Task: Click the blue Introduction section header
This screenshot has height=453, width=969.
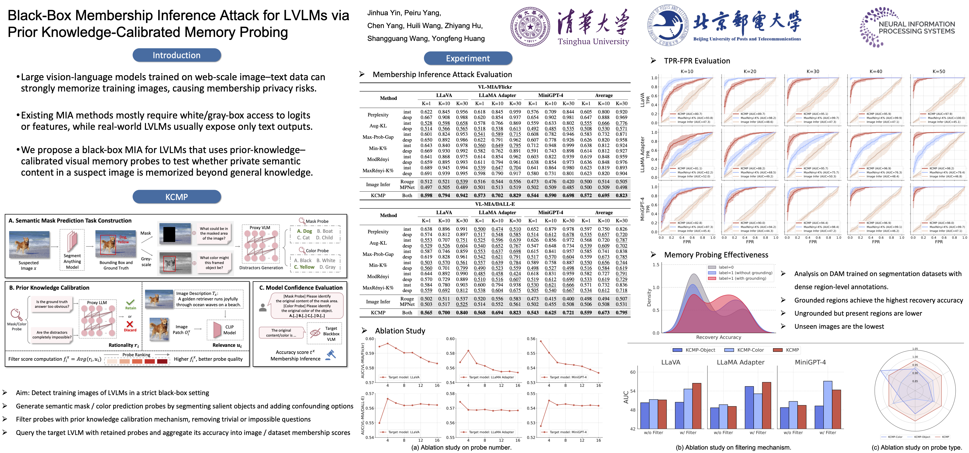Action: click(x=176, y=55)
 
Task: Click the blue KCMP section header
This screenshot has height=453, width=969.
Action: click(x=176, y=197)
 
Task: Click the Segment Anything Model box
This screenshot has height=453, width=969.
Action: click(x=72, y=250)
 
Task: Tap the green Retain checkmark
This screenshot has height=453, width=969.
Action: click(x=130, y=303)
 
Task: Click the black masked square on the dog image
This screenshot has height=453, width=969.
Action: click(x=169, y=234)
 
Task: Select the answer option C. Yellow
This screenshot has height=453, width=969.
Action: click(x=304, y=267)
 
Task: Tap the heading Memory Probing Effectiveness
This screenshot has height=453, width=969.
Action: click(x=716, y=255)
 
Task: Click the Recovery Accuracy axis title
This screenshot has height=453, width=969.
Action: click(x=718, y=337)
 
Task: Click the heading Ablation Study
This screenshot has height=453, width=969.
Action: click(x=400, y=331)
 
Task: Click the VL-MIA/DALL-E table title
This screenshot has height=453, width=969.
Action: click(x=495, y=204)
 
